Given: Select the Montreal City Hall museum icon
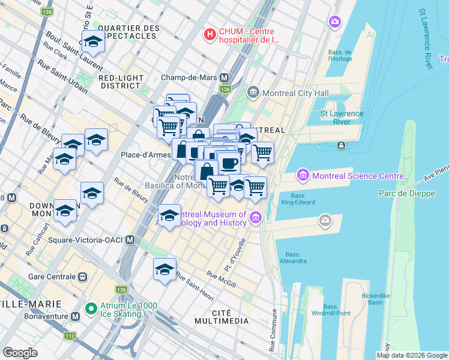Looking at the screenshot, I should pos(252,93).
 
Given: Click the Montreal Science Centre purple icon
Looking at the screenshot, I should pos(303,176).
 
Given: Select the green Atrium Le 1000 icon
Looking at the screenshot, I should pos(91,310).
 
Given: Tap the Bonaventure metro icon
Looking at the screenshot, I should pos(76,316).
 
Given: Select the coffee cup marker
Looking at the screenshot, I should pos(229,163).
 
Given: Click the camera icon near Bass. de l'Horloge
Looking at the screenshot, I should pos(334,22).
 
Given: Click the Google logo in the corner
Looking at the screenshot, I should pos(20,353).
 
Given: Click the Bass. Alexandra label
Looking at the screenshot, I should pos(293,257).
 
